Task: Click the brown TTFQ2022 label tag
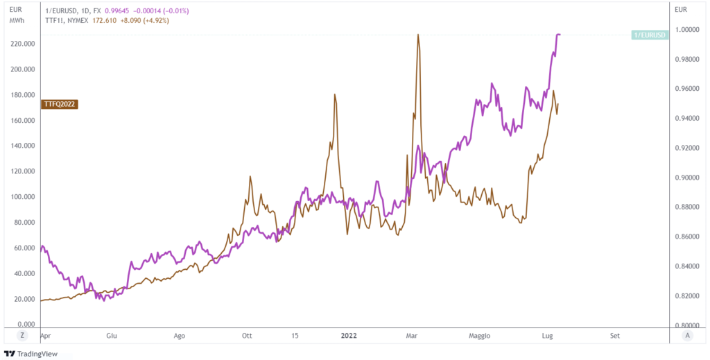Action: tap(59, 104)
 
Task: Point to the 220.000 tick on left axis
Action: tap(23, 44)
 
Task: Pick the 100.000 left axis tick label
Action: tap(23, 197)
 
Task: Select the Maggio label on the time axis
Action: tap(478, 336)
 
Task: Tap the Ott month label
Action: tap(246, 336)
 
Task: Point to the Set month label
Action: tap(614, 336)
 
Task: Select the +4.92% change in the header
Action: tap(155, 21)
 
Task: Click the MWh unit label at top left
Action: tap(17, 21)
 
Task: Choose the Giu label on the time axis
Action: tap(111, 336)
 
